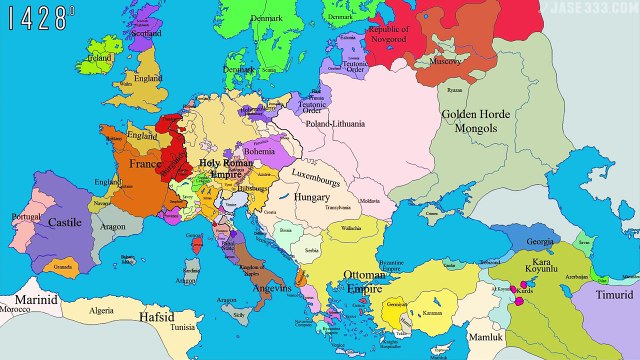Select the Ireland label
click(x=99, y=58)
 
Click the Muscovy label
click(x=445, y=60)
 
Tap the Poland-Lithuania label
click(x=336, y=124)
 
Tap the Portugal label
click(x=22, y=217)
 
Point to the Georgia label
click(x=540, y=242)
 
